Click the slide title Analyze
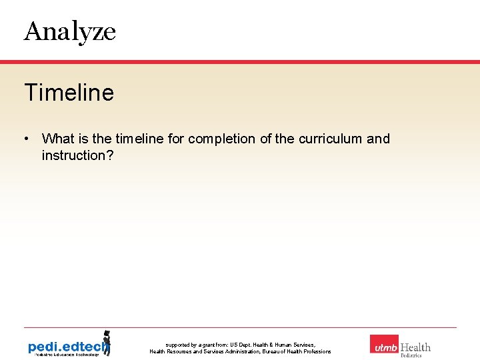pyautogui.click(x=69, y=31)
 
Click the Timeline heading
pyautogui.click(x=69, y=93)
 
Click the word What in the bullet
pyautogui.click(x=58, y=139)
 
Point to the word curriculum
pyautogui.click(x=329, y=139)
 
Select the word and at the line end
pyautogui.click(x=378, y=139)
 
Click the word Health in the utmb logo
pyautogui.click(x=415, y=347)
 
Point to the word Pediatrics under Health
pyautogui.click(x=411, y=356)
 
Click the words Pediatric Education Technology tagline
pyautogui.click(x=64, y=355)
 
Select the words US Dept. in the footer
pyautogui.click(x=239, y=345)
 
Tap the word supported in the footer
pyautogui.click(x=178, y=345)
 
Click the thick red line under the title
pyautogui.click(x=240, y=61)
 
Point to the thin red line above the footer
pyautogui.click(x=240, y=327)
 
